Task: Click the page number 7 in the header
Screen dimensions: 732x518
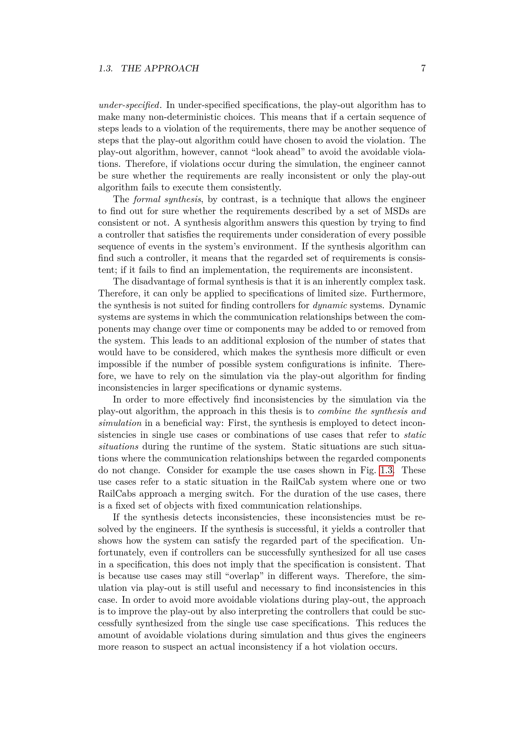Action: click(423, 68)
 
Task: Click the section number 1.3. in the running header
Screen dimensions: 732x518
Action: click(106, 68)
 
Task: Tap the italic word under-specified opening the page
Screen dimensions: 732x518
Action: click(129, 105)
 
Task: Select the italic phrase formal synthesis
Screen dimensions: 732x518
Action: click(168, 199)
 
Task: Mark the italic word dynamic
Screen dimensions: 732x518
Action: click(330, 305)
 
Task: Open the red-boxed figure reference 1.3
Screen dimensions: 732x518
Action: click(386, 470)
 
